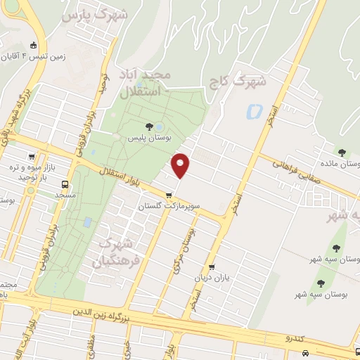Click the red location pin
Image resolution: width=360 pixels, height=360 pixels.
[181, 165]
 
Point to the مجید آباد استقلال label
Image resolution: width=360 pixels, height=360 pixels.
[151, 83]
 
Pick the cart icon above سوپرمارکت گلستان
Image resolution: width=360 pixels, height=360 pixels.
[168, 195]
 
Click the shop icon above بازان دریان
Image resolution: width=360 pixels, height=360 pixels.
[212, 267]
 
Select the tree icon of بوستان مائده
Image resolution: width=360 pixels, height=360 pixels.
[342, 152]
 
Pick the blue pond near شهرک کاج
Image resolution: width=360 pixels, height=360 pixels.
[253, 111]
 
